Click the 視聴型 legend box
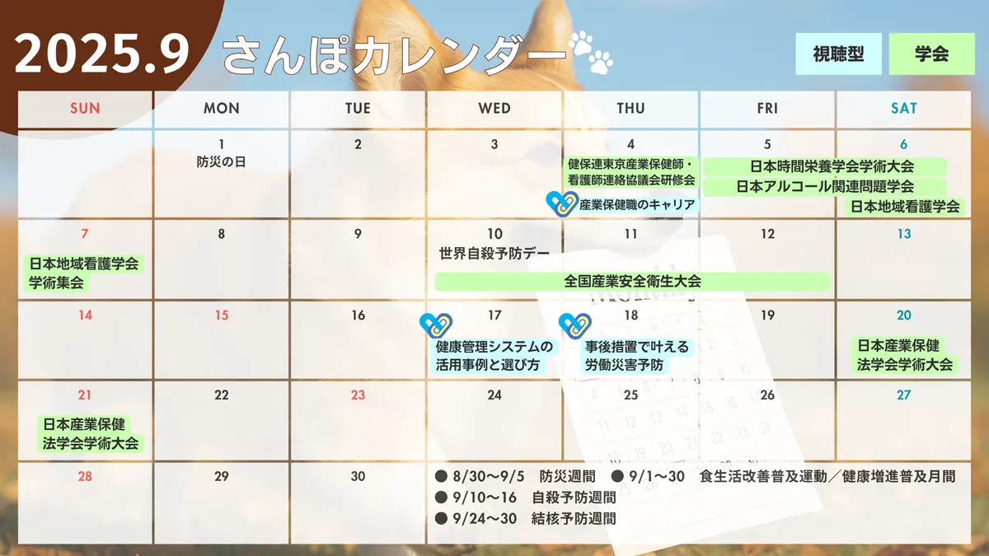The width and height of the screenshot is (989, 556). (x=838, y=54)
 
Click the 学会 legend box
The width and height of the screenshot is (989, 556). (x=931, y=54)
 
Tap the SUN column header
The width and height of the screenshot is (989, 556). (x=85, y=109)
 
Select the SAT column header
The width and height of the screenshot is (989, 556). (x=903, y=109)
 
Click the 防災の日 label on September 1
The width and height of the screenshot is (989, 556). (x=221, y=162)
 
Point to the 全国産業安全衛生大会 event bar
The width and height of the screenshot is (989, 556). (x=632, y=282)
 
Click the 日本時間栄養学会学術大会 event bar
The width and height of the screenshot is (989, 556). (x=825, y=166)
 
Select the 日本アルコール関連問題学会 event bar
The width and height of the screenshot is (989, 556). (x=825, y=187)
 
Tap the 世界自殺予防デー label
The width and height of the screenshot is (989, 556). (x=494, y=254)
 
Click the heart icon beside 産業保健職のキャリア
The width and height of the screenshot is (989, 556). (x=562, y=204)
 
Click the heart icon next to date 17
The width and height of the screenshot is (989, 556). (x=436, y=325)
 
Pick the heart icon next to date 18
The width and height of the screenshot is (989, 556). (x=575, y=325)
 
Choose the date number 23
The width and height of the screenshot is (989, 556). (x=358, y=395)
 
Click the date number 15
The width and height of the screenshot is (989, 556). (x=222, y=315)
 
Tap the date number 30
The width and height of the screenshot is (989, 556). (x=358, y=477)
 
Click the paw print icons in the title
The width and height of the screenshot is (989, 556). (x=591, y=52)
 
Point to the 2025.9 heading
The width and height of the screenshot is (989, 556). (x=102, y=54)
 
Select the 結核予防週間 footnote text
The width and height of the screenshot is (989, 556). (x=574, y=518)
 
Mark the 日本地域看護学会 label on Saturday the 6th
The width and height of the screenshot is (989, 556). (x=905, y=207)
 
